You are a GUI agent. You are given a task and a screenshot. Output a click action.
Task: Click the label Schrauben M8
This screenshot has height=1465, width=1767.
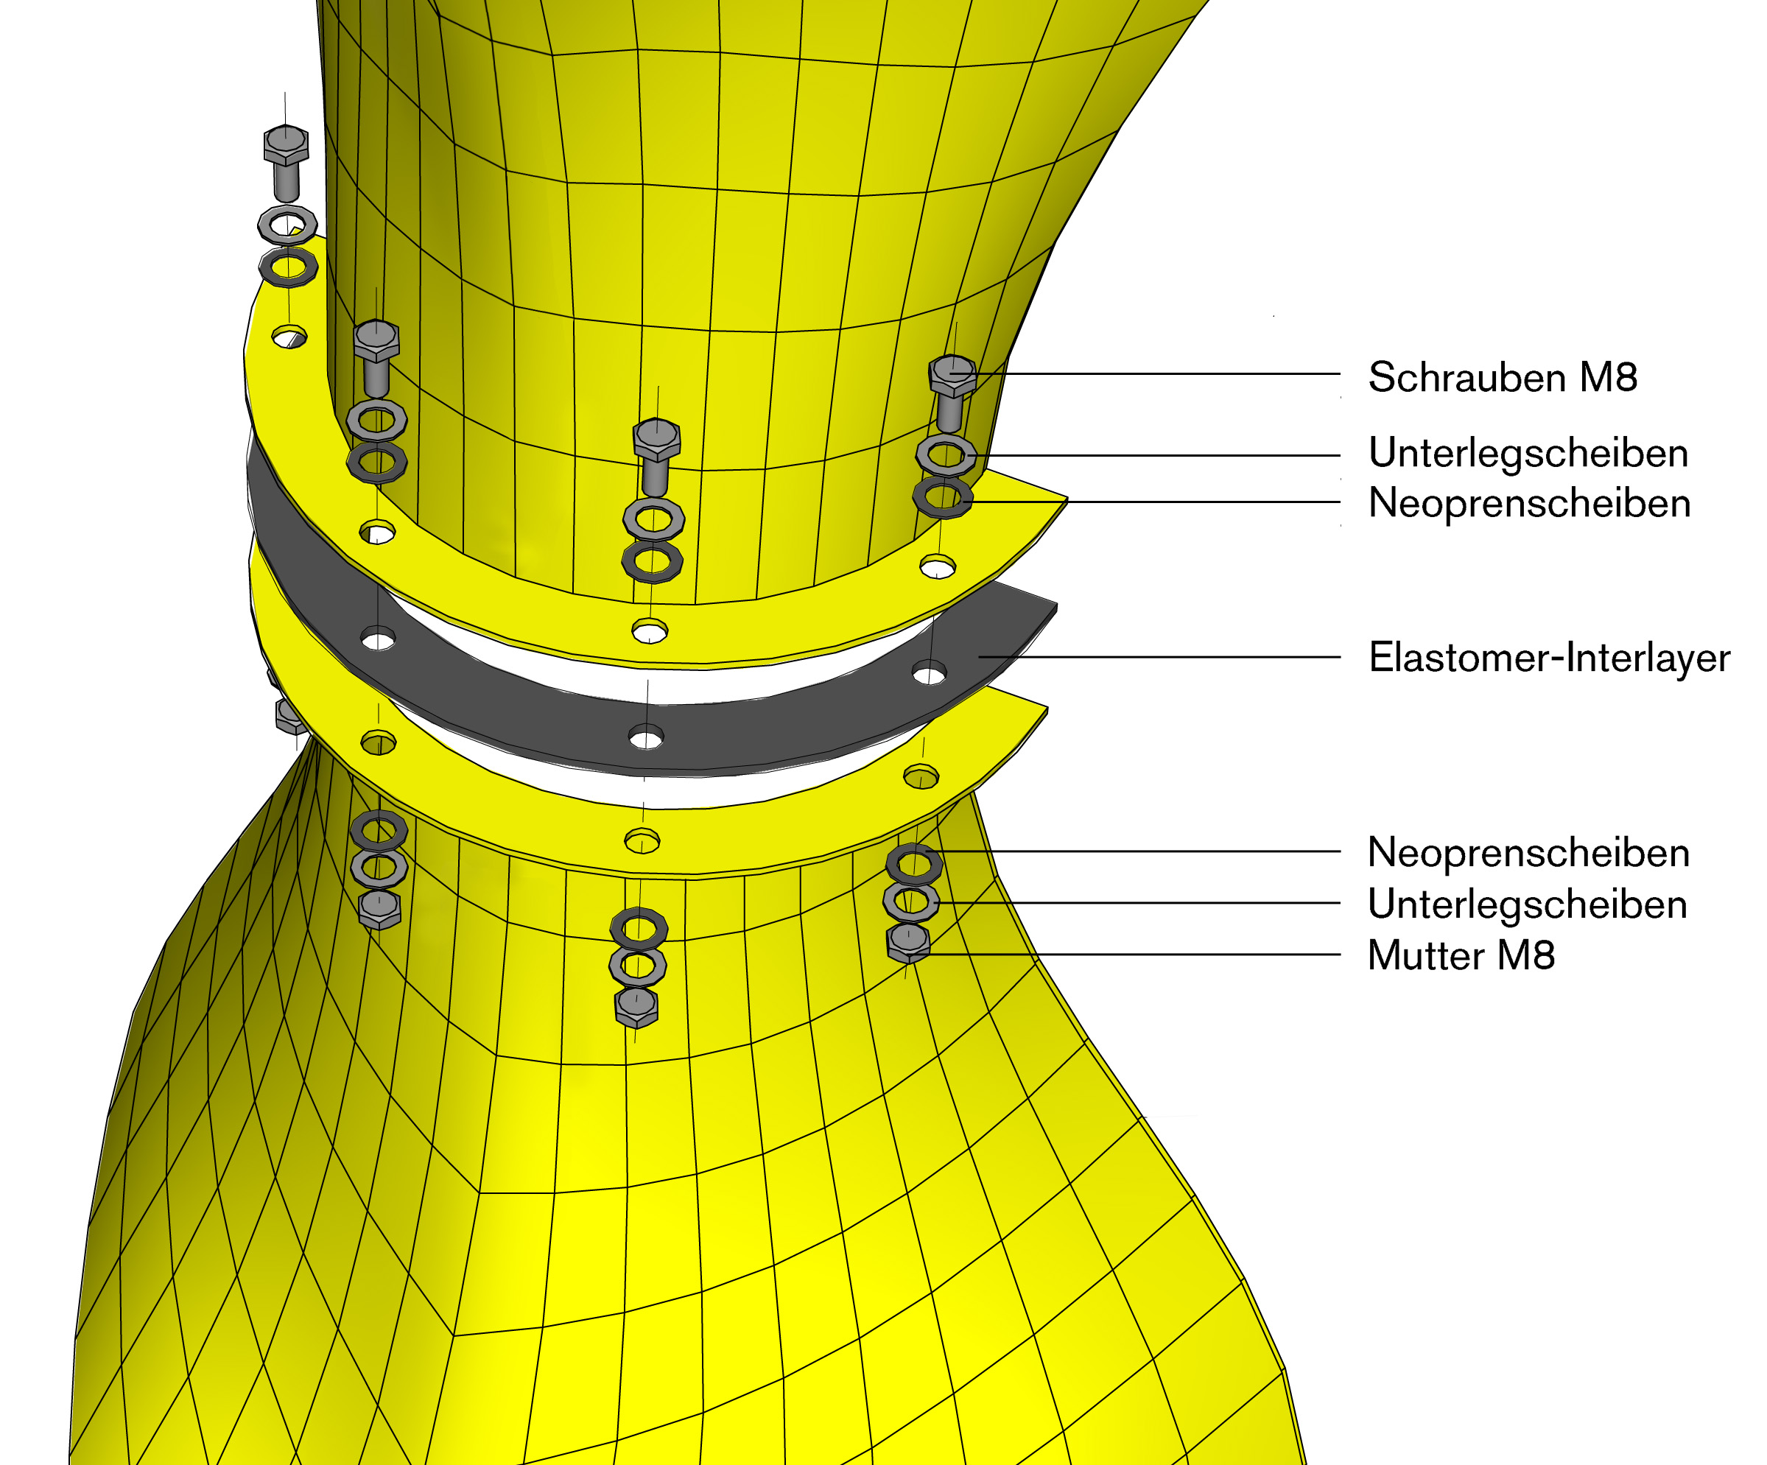(1503, 377)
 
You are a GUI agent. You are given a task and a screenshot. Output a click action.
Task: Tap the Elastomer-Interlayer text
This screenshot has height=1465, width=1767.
(1549, 657)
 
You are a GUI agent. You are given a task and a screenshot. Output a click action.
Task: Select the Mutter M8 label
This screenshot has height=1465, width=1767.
(1461, 955)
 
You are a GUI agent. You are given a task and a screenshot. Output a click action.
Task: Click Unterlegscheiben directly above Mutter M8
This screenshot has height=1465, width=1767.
(1527, 904)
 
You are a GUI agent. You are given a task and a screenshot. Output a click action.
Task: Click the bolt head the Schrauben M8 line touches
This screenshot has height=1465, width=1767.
(952, 374)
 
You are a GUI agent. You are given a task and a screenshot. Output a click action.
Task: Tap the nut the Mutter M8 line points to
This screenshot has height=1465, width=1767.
(909, 944)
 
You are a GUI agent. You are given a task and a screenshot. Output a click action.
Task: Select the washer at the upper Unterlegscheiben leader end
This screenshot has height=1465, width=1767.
(946, 454)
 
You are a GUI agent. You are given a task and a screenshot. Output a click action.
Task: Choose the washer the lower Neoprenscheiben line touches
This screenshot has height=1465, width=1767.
(914, 863)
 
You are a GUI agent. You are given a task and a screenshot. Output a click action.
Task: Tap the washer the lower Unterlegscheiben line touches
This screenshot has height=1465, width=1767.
(911, 902)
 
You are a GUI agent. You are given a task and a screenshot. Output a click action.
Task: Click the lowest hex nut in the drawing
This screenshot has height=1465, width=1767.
(636, 1006)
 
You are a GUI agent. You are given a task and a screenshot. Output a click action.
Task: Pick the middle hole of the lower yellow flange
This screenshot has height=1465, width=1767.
(642, 840)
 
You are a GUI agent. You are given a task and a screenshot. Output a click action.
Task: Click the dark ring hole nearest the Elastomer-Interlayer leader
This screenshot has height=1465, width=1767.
(929, 673)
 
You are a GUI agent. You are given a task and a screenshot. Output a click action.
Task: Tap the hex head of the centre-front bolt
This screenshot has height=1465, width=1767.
(656, 438)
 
